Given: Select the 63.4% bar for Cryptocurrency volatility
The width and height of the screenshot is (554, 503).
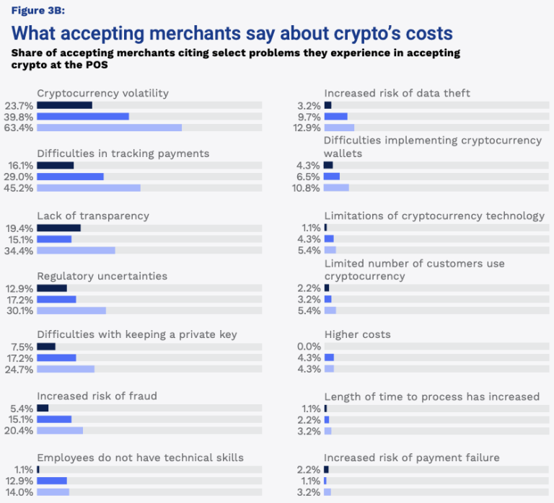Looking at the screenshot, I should (109, 128).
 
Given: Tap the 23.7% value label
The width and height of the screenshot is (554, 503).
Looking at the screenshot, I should (19, 105).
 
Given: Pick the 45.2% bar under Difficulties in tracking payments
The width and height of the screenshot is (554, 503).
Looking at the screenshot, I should (88, 188).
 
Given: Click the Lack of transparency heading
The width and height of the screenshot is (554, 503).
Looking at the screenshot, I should (93, 215).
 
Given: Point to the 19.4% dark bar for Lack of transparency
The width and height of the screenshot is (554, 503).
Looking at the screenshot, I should (58, 228).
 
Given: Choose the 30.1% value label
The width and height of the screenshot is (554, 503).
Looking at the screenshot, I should (19, 311).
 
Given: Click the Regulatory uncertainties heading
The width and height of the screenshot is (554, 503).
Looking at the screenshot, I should (102, 276).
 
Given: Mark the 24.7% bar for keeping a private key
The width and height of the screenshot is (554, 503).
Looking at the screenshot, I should (66, 369).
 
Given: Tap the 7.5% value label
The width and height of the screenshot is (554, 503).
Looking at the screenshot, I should (22, 346).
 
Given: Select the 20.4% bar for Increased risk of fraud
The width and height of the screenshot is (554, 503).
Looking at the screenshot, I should (60, 430).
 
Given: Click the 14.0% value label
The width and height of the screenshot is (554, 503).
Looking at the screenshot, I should (19, 491).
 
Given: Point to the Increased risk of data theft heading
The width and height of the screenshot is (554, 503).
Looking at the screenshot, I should (397, 93).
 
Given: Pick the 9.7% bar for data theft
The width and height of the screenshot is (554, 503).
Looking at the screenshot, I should (335, 117).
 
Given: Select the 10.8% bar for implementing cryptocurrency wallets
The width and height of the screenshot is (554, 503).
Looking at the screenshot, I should (336, 187).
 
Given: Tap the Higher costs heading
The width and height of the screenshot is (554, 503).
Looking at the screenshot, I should (358, 334).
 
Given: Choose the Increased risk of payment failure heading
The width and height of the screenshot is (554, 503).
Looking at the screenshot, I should (412, 458).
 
